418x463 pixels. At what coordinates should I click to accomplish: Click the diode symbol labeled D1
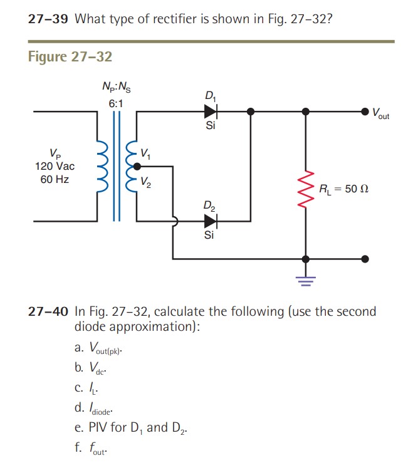[210, 112]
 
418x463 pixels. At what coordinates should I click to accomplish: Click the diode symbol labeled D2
[210, 221]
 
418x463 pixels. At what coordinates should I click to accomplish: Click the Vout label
[380, 114]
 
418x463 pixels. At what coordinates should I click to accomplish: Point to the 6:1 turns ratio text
[116, 102]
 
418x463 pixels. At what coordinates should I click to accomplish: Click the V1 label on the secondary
[145, 152]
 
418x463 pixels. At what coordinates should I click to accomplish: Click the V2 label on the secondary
[145, 183]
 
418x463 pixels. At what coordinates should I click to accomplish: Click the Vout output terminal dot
[365, 112]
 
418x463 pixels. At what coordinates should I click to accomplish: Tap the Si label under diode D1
[210, 126]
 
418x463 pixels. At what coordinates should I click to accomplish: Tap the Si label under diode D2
[210, 236]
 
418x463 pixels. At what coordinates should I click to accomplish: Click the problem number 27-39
[48, 18]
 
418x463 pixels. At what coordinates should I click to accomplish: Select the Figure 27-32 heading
[70, 56]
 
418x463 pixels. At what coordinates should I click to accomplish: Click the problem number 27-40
[48, 311]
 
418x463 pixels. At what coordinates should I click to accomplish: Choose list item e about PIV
[131, 428]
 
